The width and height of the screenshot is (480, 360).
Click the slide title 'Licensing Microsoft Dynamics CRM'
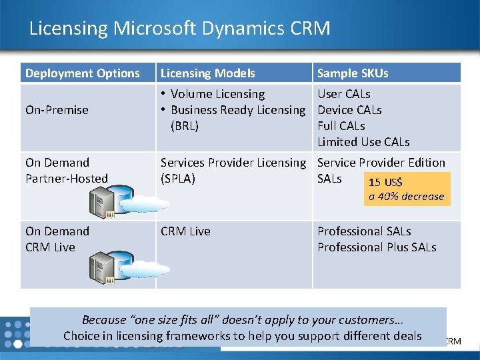pyautogui.click(x=179, y=29)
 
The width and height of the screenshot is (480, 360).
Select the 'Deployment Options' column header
pyautogui.click(x=83, y=73)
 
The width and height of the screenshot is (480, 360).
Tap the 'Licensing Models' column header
pyautogui.click(x=207, y=73)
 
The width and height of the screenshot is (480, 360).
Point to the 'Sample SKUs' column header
pyautogui.click(x=353, y=73)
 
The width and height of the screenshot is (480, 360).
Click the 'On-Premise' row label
pyautogui.click(x=57, y=110)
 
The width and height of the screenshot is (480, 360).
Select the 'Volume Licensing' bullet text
pyautogui.click(x=217, y=94)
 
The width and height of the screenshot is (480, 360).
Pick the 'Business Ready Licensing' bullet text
pyautogui.click(x=237, y=110)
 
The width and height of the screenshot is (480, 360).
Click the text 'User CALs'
pyautogui.click(x=344, y=94)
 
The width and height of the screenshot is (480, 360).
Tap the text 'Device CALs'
pyautogui.click(x=349, y=110)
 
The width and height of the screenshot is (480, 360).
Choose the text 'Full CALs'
pyautogui.click(x=341, y=126)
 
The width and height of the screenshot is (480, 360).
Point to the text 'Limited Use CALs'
pyautogui.click(x=363, y=142)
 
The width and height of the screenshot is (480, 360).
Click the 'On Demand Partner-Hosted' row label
pyautogui.click(x=66, y=171)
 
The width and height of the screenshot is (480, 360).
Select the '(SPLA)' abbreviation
pyautogui.click(x=178, y=179)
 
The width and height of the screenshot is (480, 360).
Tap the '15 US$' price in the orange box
pyautogui.click(x=385, y=183)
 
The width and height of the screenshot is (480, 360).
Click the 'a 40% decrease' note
pyautogui.click(x=406, y=197)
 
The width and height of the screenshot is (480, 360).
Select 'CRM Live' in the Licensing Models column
pyautogui.click(x=185, y=231)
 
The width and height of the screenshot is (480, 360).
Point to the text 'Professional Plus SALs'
pyautogui.click(x=377, y=247)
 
